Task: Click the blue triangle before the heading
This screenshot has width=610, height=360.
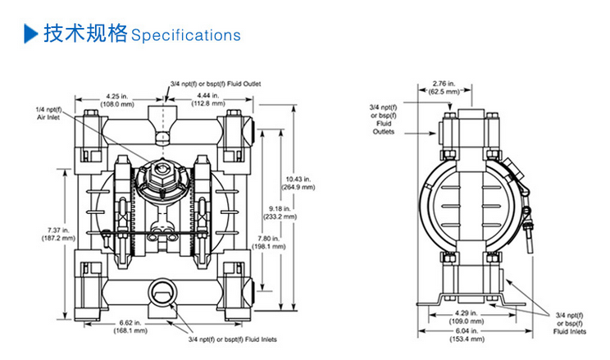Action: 30,34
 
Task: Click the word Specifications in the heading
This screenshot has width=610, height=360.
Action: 185,35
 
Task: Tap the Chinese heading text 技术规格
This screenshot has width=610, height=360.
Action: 85,34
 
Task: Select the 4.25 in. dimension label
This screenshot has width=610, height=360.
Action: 116,99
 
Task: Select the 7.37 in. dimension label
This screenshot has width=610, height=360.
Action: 56,234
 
